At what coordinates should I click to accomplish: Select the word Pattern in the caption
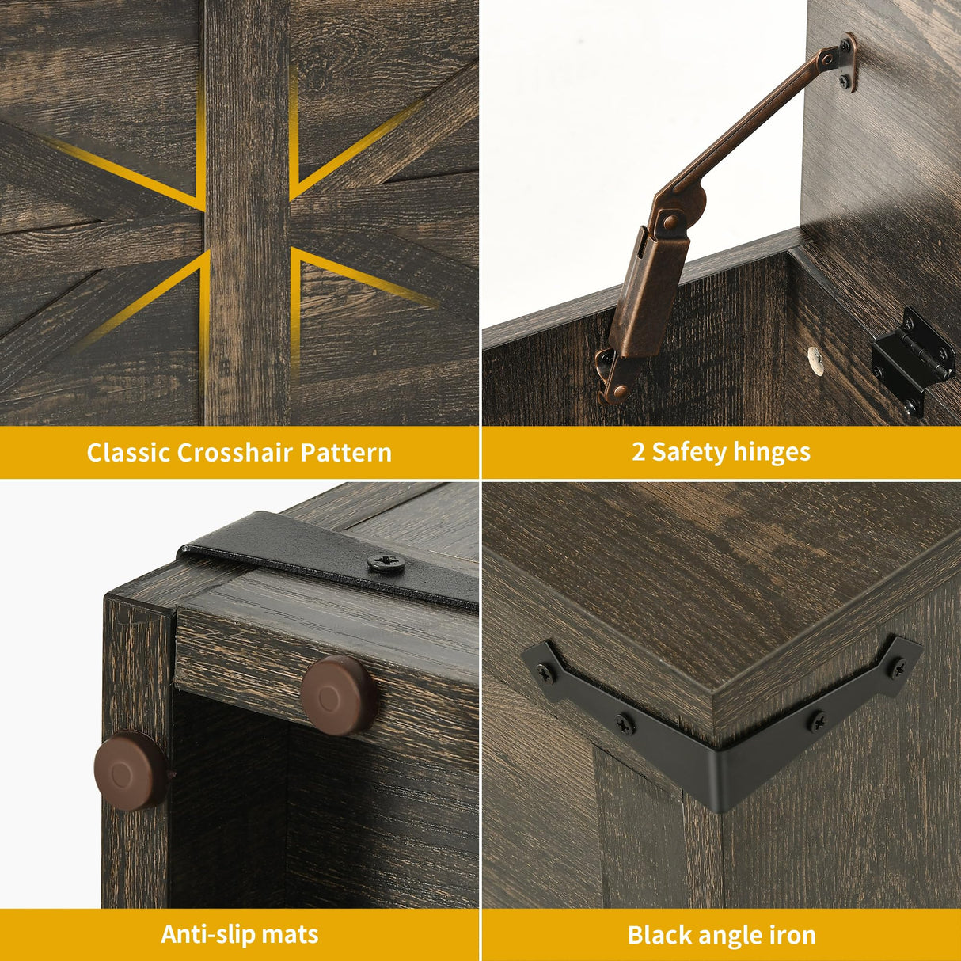click(x=346, y=453)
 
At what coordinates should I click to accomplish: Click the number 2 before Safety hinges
click(x=638, y=452)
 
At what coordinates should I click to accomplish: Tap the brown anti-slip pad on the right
click(x=339, y=695)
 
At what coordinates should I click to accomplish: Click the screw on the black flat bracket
click(x=386, y=564)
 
